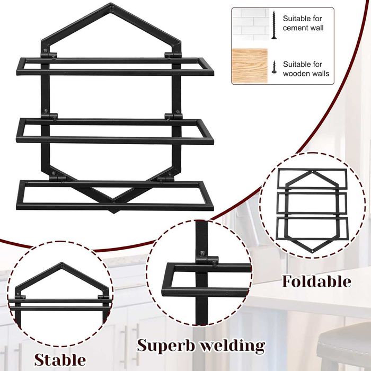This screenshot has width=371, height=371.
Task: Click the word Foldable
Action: [x=316, y=281]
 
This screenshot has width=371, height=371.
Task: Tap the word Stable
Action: [x=60, y=360]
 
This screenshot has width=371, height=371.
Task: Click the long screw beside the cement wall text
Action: [x=274, y=25]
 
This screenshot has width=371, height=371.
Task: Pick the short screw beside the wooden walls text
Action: [x=274, y=67]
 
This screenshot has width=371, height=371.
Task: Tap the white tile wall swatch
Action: [x=250, y=24]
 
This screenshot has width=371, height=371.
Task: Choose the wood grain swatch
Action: [x=250, y=66]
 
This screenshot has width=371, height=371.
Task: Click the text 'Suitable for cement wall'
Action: [x=303, y=23]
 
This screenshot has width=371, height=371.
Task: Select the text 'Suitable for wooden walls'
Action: [x=306, y=69]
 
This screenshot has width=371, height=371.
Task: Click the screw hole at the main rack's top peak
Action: [x=111, y=9]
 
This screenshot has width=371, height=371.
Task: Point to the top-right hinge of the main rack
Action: [x=173, y=55]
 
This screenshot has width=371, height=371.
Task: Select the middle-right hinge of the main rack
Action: [x=174, y=116]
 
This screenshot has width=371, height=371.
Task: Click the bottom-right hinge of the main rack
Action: [x=165, y=177]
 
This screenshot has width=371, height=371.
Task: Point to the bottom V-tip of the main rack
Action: [x=114, y=211]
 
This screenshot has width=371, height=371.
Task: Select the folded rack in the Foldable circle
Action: [x=312, y=210]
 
